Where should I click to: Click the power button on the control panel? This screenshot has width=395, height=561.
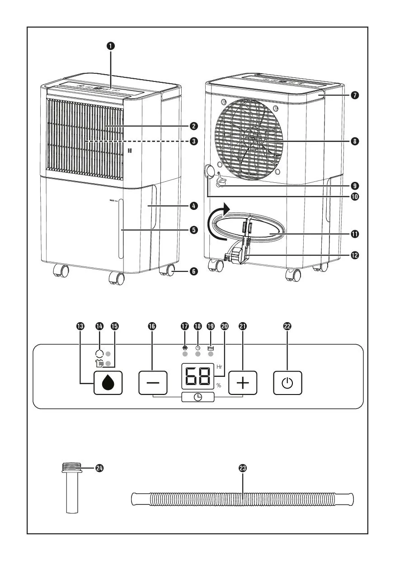click(287, 384)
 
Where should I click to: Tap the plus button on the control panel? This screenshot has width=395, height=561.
click(243, 384)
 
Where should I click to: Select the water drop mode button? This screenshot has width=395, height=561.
click(108, 384)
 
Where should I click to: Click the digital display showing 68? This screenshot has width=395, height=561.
click(198, 376)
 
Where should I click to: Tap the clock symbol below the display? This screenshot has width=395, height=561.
click(198, 397)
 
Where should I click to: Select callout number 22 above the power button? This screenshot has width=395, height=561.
click(287, 326)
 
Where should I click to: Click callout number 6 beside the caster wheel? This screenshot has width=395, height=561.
click(193, 271)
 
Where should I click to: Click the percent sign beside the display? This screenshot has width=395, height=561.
click(219, 385)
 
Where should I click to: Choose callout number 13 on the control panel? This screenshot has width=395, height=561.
click(81, 326)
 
